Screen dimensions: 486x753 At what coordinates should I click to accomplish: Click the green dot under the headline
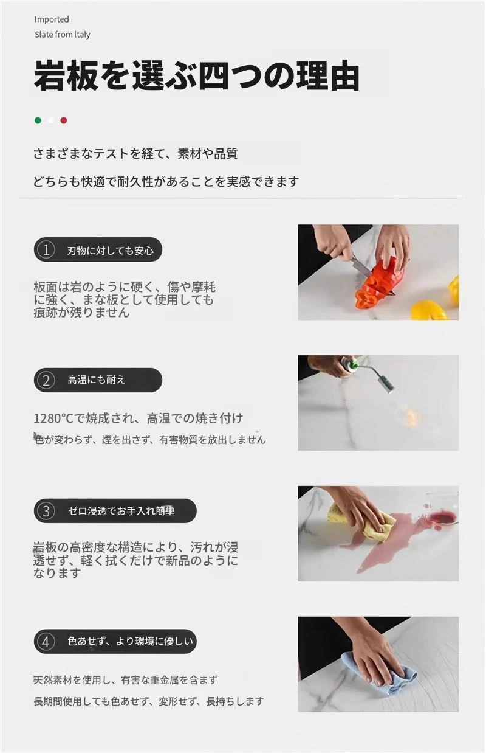[x=38, y=120]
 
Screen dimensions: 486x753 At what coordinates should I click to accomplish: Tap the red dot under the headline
[x=64, y=120]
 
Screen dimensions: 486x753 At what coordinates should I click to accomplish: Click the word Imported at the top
[x=52, y=19]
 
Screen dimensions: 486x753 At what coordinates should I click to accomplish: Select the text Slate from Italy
[x=63, y=35]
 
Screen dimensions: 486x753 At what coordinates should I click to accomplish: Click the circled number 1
[x=46, y=250]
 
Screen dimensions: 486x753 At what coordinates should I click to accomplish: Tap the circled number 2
[x=46, y=380]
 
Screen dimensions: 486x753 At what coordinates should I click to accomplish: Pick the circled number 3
[x=46, y=511]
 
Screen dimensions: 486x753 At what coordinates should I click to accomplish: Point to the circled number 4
[x=46, y=642]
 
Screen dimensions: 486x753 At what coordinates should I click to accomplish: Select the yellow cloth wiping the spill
[x=363, y=522]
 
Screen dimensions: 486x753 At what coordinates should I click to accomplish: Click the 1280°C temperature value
[x=53, y=418]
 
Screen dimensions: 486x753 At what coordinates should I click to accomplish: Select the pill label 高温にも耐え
[x=97, y=380]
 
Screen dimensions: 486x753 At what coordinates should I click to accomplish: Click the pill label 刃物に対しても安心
[x=110, y=251]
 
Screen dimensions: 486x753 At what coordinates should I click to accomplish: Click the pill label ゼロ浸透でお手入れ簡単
[x=122, y=511]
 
